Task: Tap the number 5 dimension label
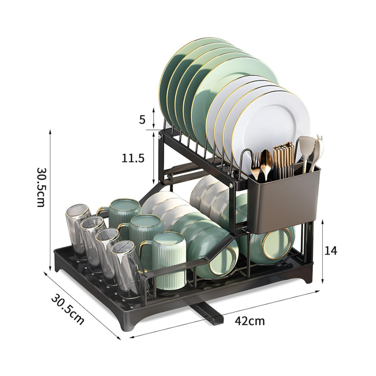[142, 120]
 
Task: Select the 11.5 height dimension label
[133, 158]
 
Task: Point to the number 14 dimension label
[331, 250]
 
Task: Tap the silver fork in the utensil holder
[256, 166]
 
